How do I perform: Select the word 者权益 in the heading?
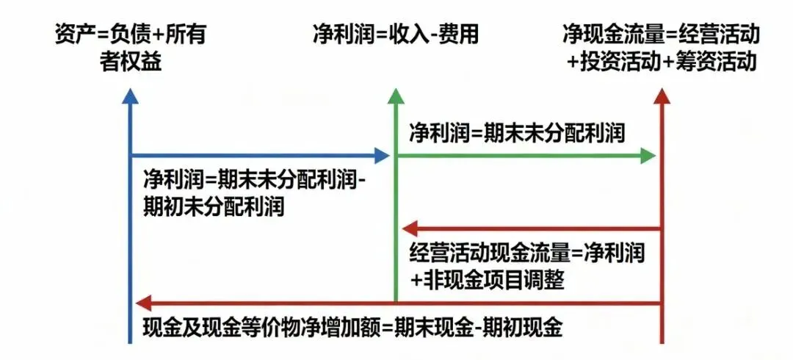click(130, 62)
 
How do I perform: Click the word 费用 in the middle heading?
click(460, 35)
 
